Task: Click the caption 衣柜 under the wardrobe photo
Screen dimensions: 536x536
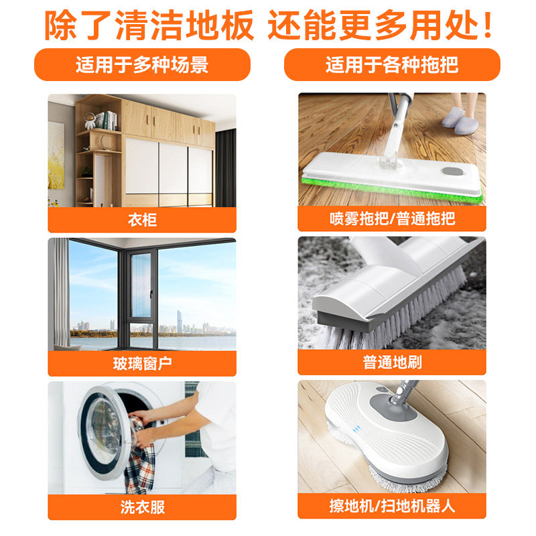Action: [x=141, y=220]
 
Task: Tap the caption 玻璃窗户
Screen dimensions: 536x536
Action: [x=141, y=364]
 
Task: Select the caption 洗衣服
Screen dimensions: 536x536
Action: [x=141, y=507]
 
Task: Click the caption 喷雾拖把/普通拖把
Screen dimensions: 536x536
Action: [x=392, y=220]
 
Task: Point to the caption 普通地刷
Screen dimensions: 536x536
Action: [x=392, y=364]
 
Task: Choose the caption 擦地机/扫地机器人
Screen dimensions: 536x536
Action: [x=392, y=507]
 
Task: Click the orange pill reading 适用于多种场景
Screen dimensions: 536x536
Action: [x=141, y=66]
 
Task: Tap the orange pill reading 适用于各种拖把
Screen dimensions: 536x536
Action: [x=392, y=66]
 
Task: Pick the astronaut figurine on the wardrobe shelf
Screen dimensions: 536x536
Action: [x=89, y=121]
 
